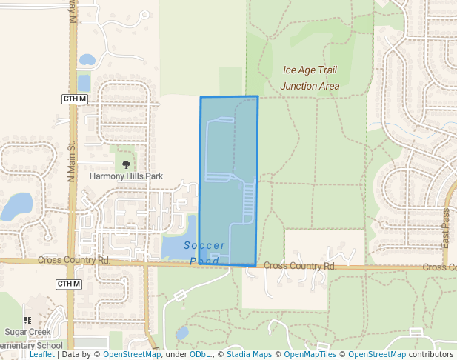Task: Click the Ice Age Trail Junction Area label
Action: pyautogui.click(x=310, y=78)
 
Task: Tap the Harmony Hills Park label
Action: pyautogui.click(x=126, y=176)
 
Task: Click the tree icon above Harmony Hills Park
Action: pyautogui.click(x=126, y=164)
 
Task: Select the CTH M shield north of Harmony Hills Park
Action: pyautogui.click(x=75, y=99)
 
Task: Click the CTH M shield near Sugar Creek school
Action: pyautogui.click(x=68, y=284)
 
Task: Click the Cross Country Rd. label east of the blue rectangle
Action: pyautogui.click(x=299, y=265)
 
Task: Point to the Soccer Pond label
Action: pyautogui.click(x=204, y=253)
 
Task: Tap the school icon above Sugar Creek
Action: pyautogui.click(x=27, y=320)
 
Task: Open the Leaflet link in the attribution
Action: pyautogui.click(x=41, y=355)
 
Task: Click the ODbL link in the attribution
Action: pyautogui.click(x=200, y=355)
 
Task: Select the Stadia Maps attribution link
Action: pyautogui.click(x=249, y=355)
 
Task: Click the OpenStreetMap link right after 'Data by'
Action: pyautogui.click(x=132, y=355)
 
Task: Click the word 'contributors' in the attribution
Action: pyautogui.click(x=430, y=355)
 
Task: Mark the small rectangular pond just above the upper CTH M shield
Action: pyautogui.click(x=84, y=82)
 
